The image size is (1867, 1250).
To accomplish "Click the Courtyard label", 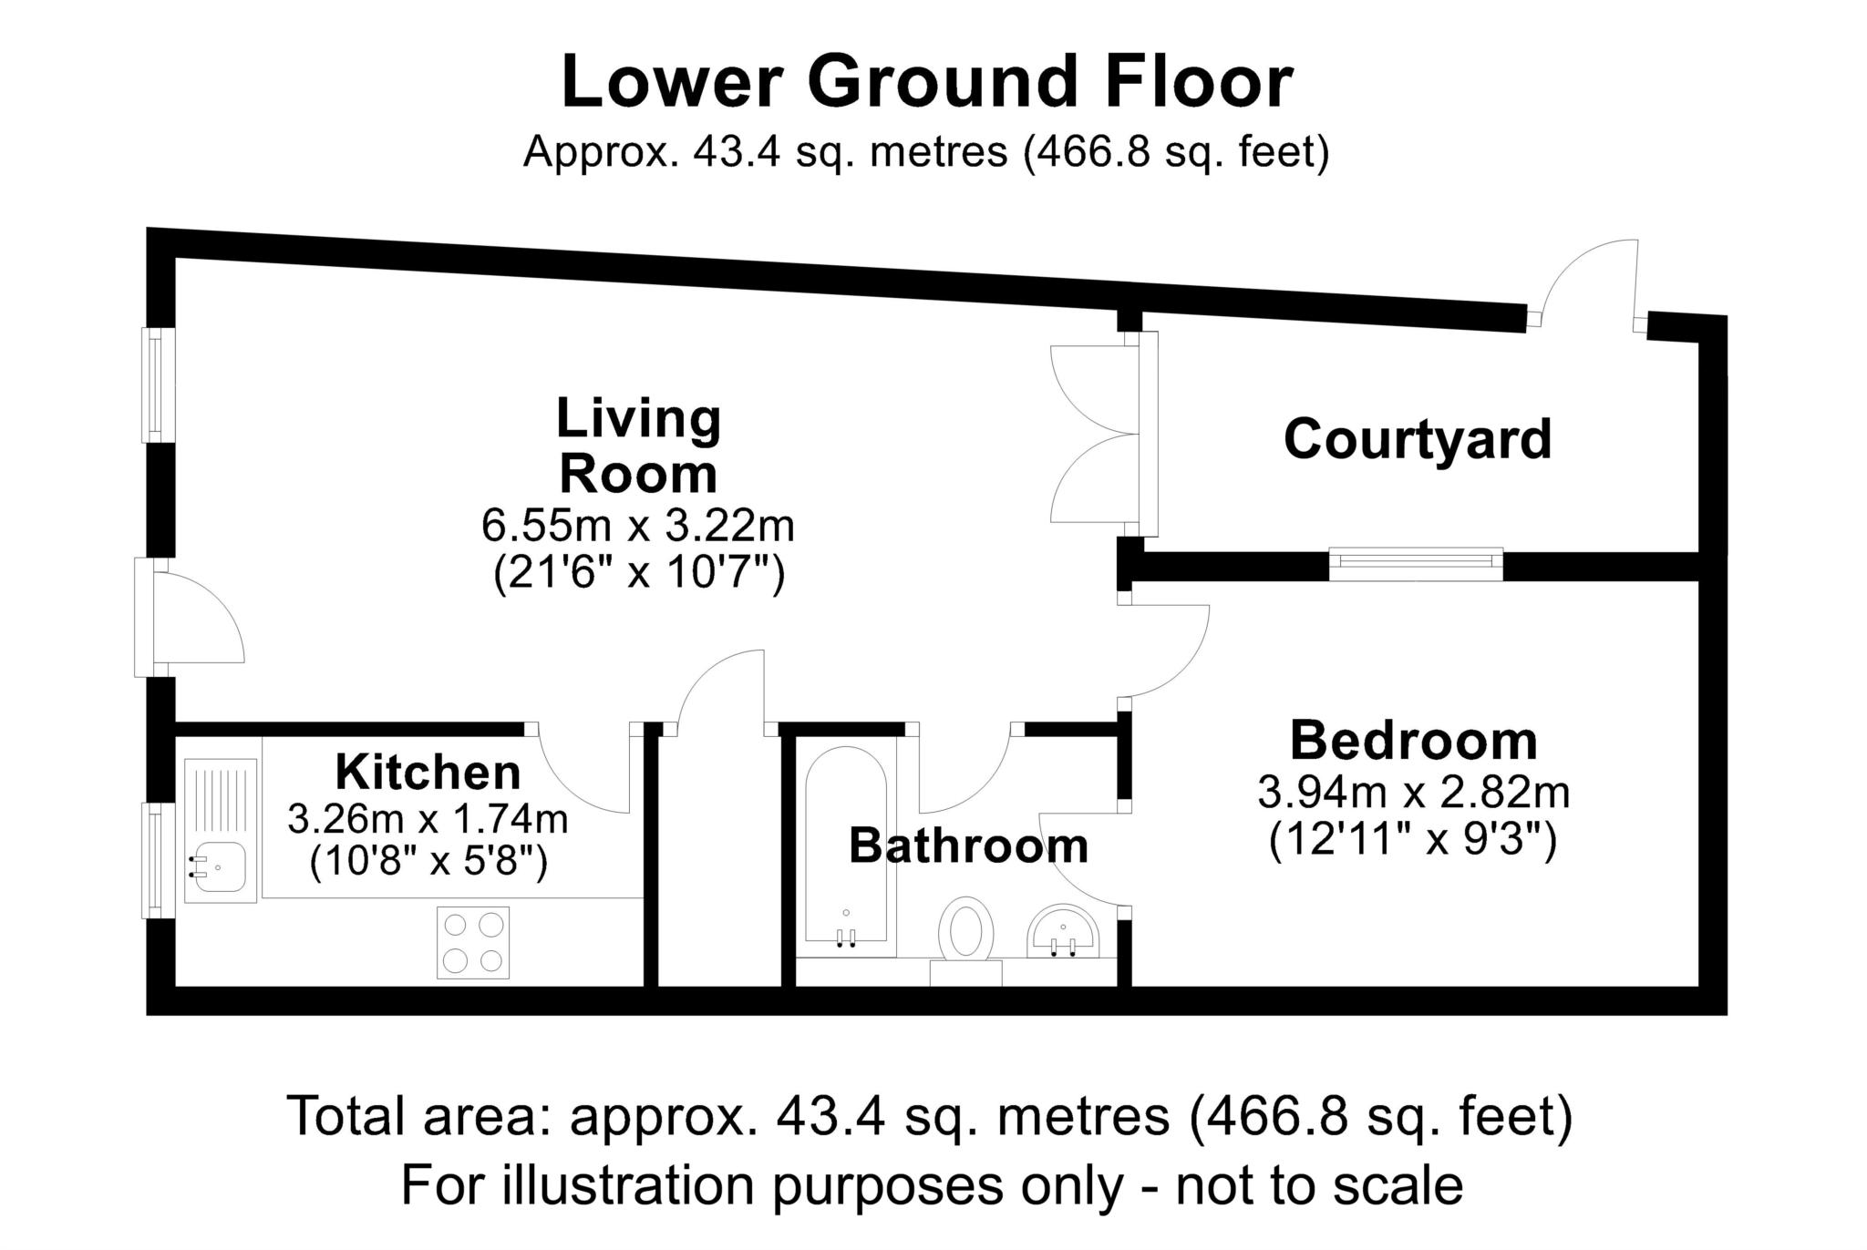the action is coord(1417,441).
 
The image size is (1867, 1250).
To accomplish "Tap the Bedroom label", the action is coord(1414,742).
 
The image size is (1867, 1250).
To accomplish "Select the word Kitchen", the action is coord(428,773).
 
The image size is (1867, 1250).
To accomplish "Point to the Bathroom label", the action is coord(969,846).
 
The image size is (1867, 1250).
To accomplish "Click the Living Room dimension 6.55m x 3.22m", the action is coord(638,527).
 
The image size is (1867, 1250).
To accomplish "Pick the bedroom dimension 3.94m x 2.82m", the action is coord(1414,793).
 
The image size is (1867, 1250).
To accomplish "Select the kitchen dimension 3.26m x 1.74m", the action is coord(428,819).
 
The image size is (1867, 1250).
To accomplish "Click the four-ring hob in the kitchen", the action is coord(473,942).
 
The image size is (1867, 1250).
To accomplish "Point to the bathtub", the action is coord(846,845).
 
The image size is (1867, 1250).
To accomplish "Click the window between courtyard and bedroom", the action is coord(1416,564).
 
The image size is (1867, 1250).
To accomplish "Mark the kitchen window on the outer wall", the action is coord(157,860).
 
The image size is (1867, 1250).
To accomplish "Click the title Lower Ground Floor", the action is coord(927,83).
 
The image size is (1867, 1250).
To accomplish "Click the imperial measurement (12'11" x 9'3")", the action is coord(1413,839).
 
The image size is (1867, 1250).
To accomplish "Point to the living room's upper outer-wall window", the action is coord(157,384).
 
